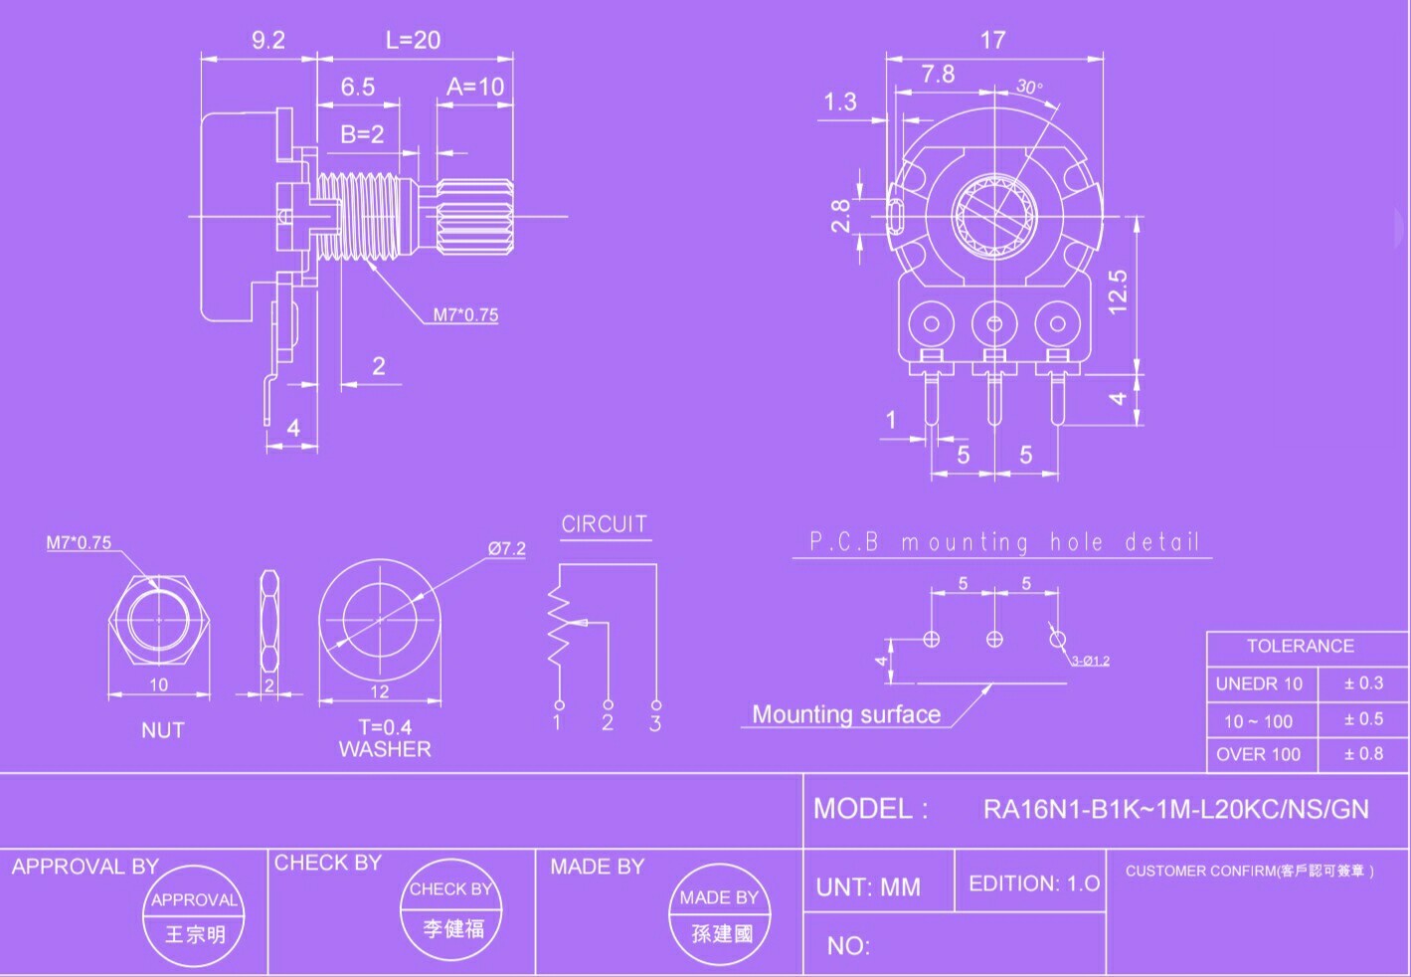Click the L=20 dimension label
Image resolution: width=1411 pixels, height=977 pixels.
click(413, 41)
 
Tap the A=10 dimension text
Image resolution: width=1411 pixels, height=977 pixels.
click(475, 87)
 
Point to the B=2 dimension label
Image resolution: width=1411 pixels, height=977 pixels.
click(362, 134)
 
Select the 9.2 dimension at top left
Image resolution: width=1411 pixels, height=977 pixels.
click(268, 41)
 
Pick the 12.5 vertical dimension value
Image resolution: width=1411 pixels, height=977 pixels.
click(1117, 293)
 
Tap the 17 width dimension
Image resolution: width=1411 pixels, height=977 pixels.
click(992, 41)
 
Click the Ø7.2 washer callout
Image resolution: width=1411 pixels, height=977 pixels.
click(506, 548)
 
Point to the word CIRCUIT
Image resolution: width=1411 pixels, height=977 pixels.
click(605, 524)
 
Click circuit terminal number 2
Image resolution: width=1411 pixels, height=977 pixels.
click(608, 722)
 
